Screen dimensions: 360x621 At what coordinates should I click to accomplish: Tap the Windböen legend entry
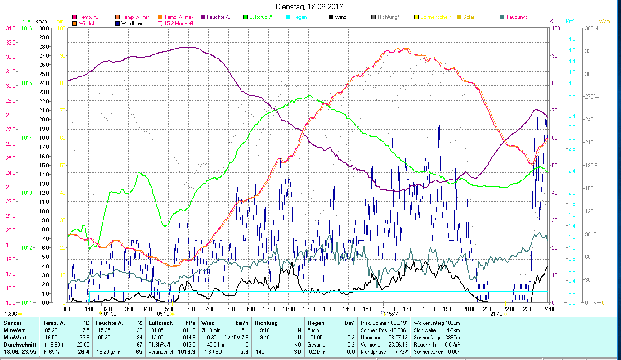133,23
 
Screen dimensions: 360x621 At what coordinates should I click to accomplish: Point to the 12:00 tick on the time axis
308,309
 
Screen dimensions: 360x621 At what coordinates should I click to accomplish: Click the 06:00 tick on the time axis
188,309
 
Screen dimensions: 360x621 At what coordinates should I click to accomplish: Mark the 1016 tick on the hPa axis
27,28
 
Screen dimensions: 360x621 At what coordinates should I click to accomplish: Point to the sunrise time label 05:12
163,314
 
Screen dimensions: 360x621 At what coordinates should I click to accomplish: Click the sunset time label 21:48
496,314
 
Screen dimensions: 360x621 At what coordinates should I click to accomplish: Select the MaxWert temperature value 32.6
84,337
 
